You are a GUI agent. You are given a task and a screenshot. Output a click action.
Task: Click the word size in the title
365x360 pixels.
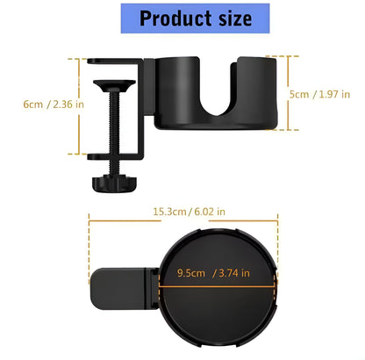[x=228, y=18]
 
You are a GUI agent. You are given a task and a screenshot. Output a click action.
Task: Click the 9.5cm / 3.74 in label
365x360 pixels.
[x=214, y=272]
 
